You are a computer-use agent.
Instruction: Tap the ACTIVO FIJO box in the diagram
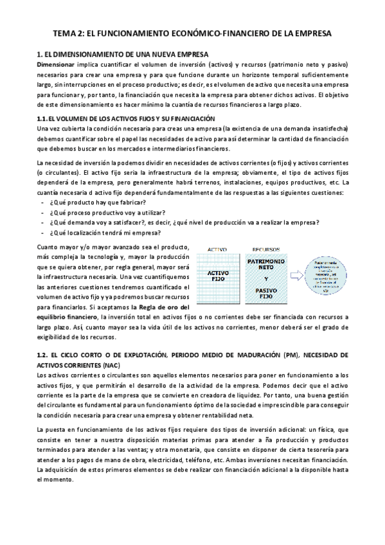218,277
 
